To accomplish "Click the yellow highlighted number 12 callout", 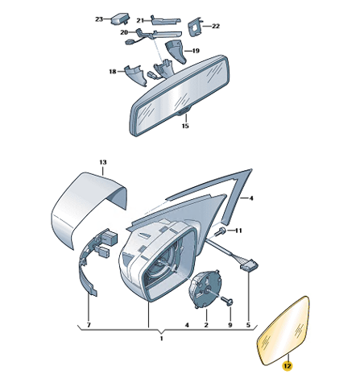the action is click(287, 366).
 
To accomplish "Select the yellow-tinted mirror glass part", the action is click(283, 331).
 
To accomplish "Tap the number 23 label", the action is click(99, 19).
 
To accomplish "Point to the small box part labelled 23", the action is click(120, 19).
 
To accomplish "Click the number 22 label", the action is click(216, 26).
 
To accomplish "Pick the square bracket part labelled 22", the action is click(195, 27).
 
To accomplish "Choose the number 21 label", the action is click(140, 20).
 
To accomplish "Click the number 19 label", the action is click(196, 51).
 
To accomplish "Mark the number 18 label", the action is click(113, 72).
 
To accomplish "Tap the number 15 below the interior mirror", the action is click(185, 126).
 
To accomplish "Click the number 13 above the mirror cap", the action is click(103, 162).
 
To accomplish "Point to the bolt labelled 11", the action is click(221, 231).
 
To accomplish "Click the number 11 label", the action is click(238, 231).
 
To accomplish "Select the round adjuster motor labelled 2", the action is click(205, 289).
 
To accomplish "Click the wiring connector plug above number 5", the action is click(249, 267).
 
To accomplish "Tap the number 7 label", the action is click(89, 325).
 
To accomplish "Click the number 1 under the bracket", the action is click(161, 339).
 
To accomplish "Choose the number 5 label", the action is click(248, 325).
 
